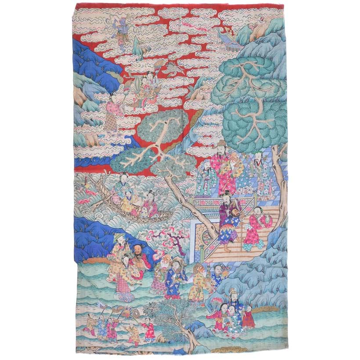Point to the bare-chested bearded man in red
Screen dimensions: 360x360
[x=139, y=259]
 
